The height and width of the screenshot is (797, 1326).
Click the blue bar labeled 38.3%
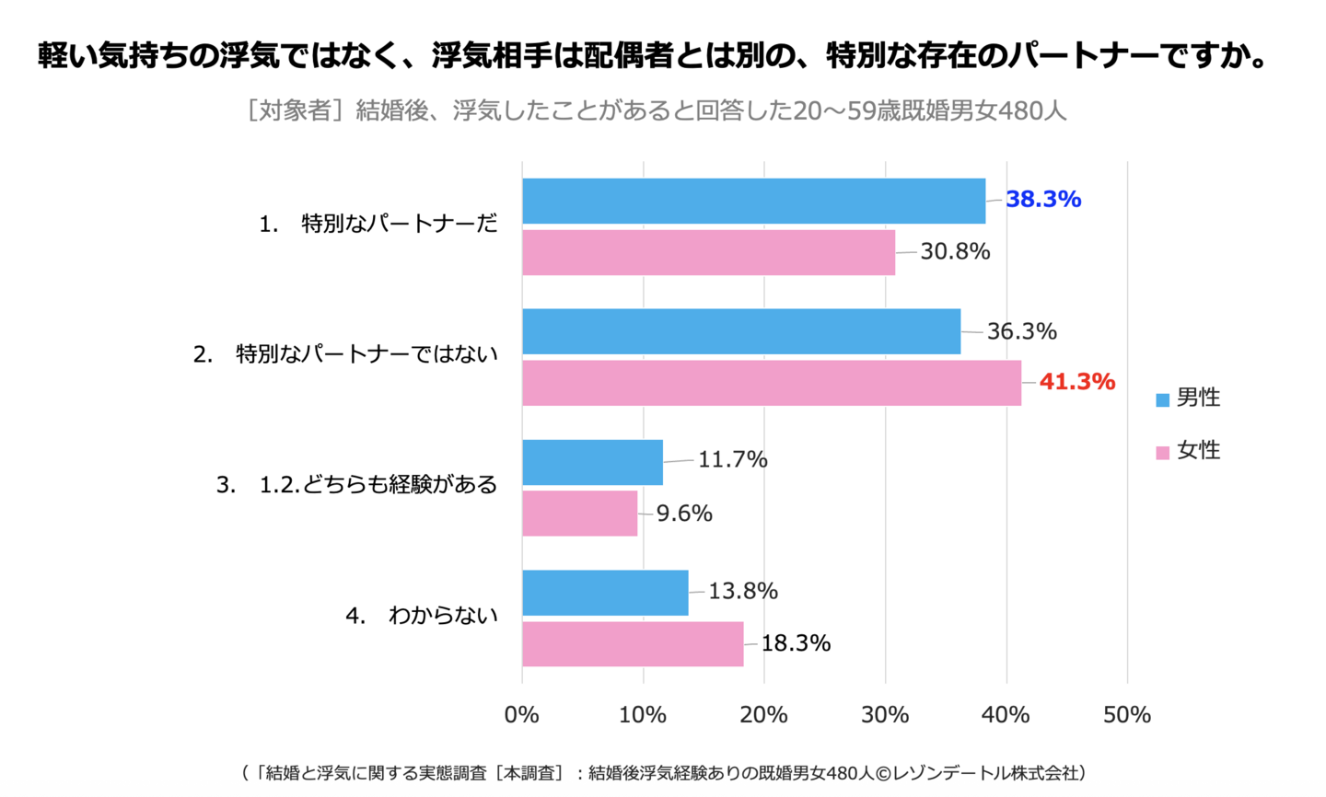753,201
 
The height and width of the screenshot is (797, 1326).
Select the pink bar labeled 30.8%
708,252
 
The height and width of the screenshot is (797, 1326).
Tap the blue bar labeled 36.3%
741,331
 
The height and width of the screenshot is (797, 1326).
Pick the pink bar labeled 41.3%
772,383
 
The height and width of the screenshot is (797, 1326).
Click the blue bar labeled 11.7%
592,462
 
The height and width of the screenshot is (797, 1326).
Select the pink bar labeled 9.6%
579,514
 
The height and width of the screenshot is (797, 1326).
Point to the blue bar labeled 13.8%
605,593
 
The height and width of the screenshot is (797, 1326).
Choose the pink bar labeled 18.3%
633,644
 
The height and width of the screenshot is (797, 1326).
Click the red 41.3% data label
1076,382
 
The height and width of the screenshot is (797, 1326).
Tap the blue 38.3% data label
1043,200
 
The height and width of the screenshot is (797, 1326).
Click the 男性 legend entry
1188,398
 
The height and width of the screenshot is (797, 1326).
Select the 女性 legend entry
1188,451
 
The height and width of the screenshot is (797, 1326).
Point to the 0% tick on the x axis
522,715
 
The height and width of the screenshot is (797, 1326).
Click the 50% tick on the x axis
1127,715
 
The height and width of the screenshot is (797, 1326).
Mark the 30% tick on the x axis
885,715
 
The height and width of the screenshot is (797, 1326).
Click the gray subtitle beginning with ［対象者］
656,111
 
